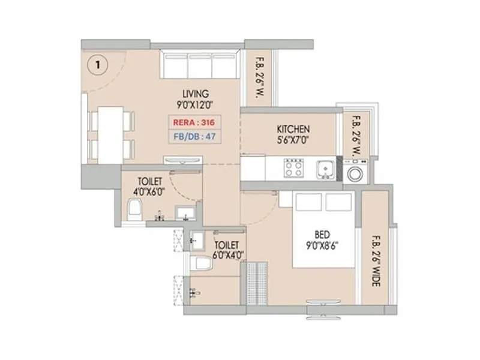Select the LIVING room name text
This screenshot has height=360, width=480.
(x=196, y=94)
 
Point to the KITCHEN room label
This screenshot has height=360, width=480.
(x=293, y=129)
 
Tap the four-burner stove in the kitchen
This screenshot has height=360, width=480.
(x=294, y=168)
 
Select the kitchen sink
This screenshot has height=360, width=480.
(x=326, y=169)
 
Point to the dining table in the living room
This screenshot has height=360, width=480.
(x=109, y=133)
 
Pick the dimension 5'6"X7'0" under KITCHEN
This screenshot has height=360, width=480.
(x=293, y=140)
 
